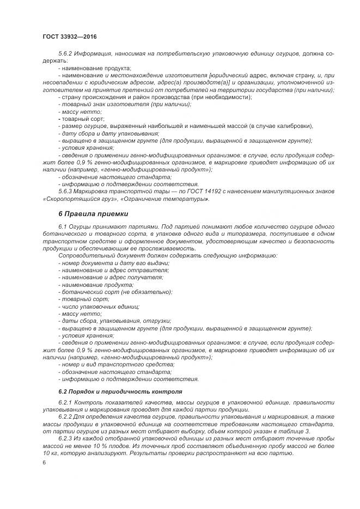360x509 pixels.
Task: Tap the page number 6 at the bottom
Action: (44, 462)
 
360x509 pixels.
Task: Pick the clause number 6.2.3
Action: (66, 438)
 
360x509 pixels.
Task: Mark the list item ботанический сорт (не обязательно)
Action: (116, 291)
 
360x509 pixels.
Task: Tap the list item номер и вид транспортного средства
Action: (117, 364)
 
